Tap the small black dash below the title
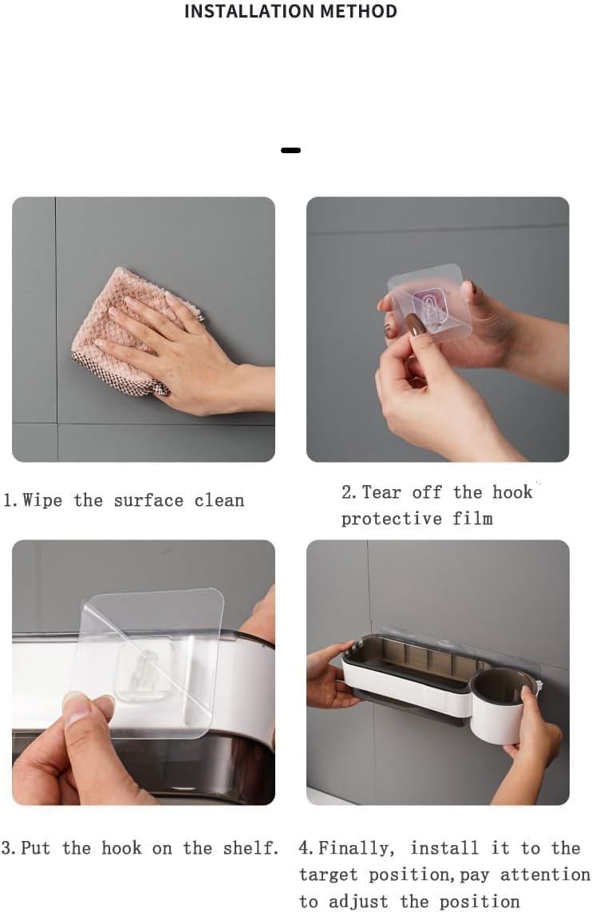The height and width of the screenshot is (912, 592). pos(290,150)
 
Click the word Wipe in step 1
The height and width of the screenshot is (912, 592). pos(41,500)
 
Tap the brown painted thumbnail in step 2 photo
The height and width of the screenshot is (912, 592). pos(416,324)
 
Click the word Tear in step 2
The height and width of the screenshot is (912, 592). pos(381,492)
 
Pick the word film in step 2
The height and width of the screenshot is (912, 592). pos(473,518)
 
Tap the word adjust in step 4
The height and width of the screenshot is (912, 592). pos(359,902)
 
